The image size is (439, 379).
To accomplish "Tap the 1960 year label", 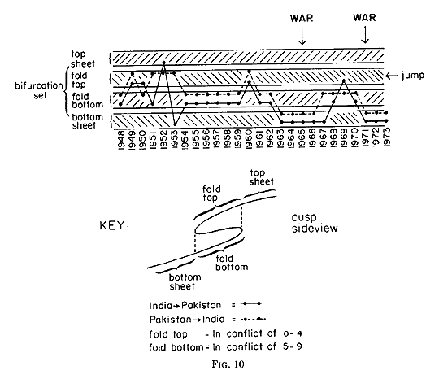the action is [x=249, y=138].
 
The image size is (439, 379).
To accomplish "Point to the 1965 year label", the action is [x=302, y=138].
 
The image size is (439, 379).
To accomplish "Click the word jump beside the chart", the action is [x=413, y=76].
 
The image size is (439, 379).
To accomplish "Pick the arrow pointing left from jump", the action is [x=392, y=76].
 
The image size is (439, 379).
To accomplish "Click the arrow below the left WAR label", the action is [x=302, y=36].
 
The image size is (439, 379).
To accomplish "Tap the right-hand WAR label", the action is [x=364, y=18].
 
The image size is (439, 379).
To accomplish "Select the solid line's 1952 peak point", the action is [x=163, y=63].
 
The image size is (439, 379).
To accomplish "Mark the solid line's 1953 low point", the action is [x=175, y=124].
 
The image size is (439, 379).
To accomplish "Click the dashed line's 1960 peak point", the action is [x=249, y=72].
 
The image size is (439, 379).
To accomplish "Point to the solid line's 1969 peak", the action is [x=344, y=81].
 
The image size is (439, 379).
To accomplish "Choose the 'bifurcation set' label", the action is [x=39, y=90].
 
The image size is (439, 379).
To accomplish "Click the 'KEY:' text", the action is [x=115, y=225].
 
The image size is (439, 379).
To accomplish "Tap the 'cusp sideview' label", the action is [x=315, y=223].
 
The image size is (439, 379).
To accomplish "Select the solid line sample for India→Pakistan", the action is [x=252, y=303].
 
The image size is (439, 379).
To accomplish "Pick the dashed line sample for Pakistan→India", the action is [x=254, y=319].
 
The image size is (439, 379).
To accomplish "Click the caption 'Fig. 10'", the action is [x=228, y=364].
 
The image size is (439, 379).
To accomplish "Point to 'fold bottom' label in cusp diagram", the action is [x=232, y=263].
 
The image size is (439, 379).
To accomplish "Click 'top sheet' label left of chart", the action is [x=83, y=59].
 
